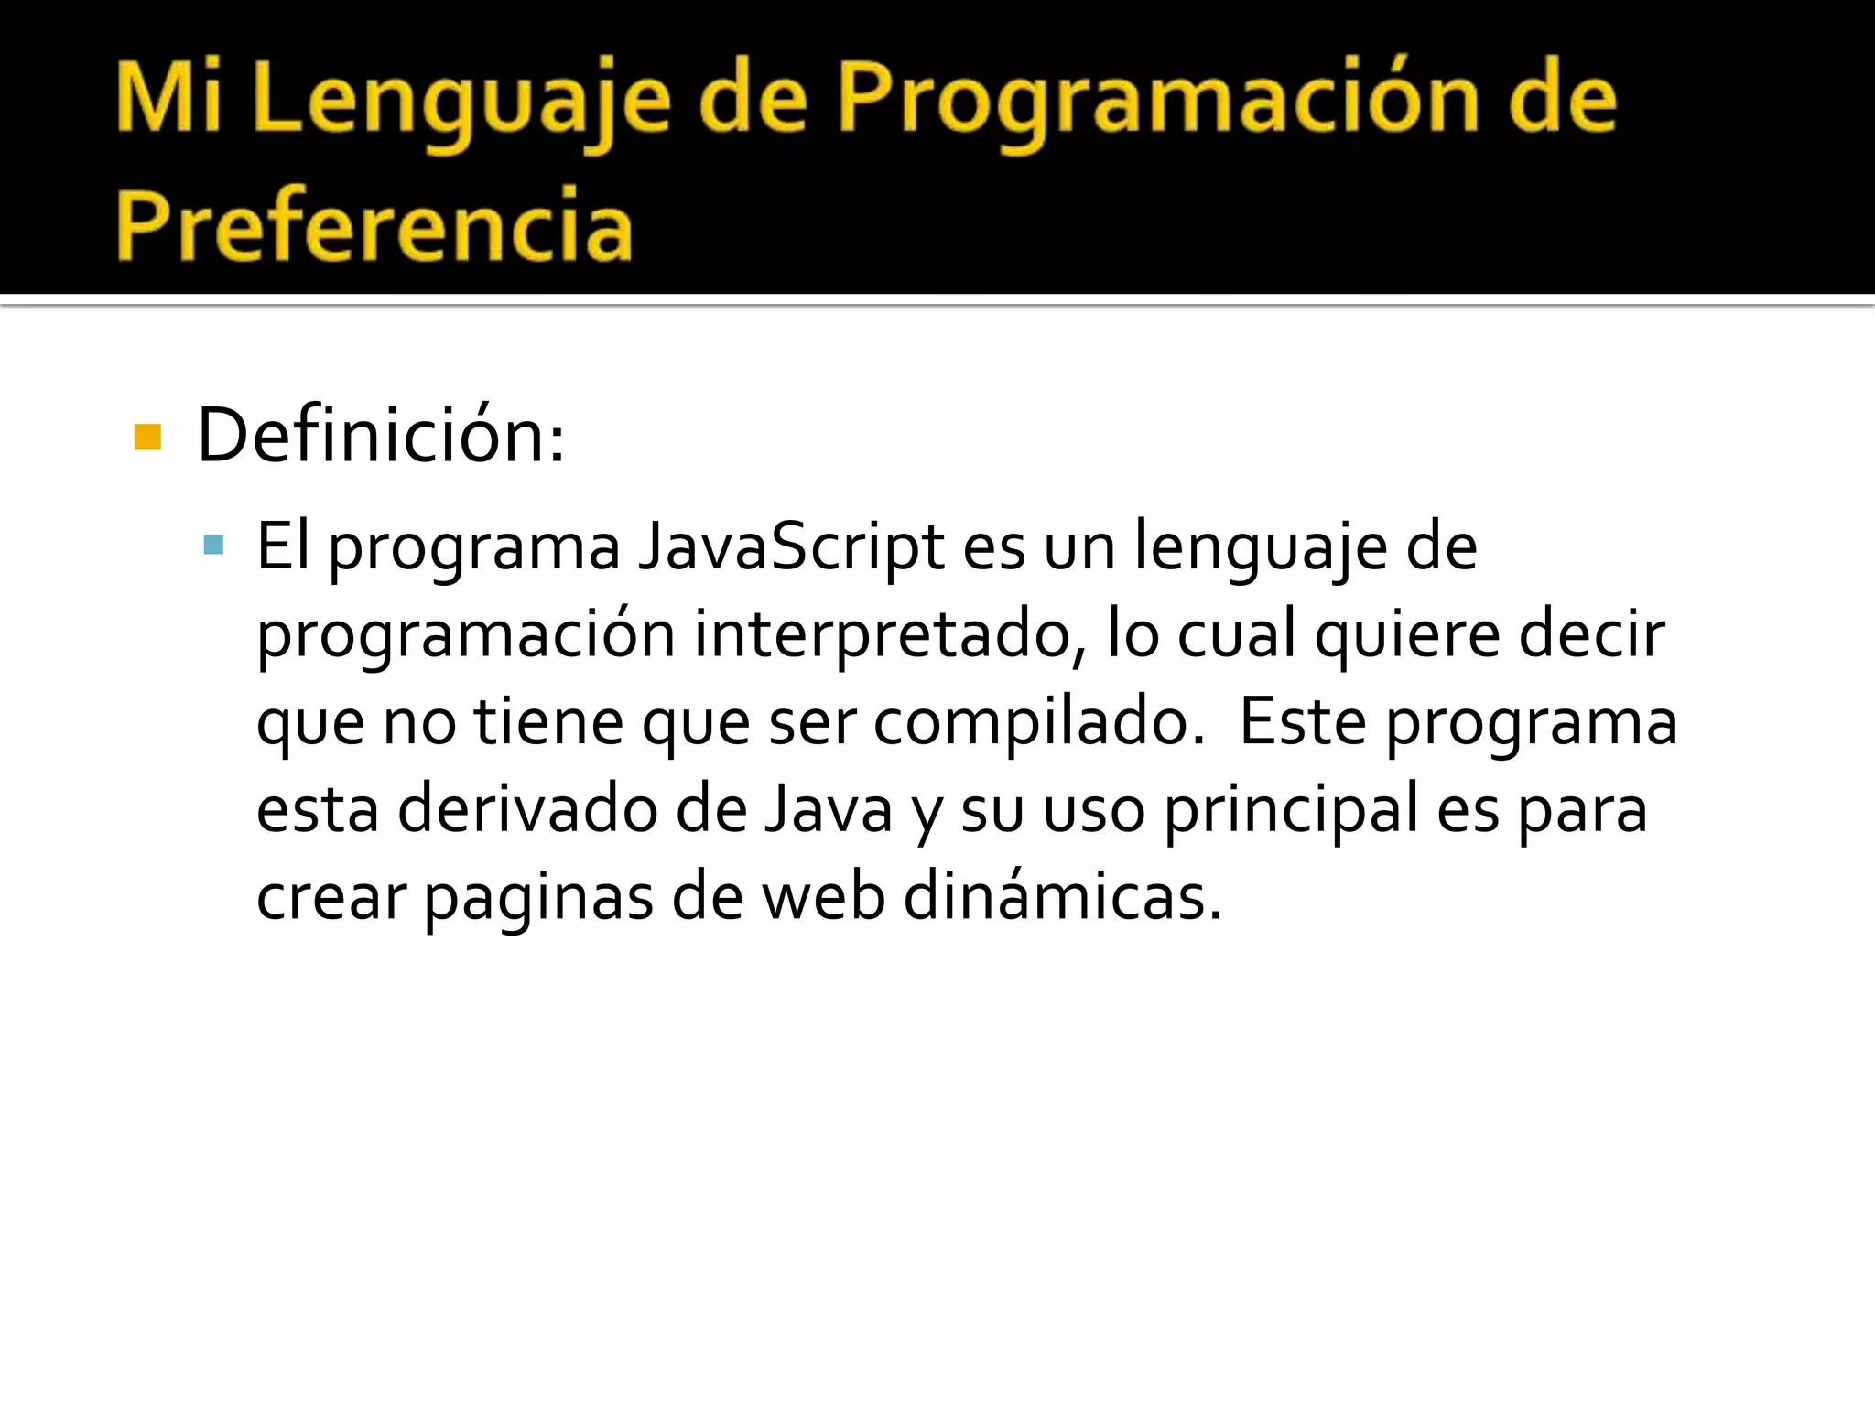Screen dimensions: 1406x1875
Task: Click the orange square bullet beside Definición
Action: click(x=147, y=438)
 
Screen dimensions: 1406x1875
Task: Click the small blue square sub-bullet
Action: click(x=213, y=546)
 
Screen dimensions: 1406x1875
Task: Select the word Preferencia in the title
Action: click(x=374, y=223)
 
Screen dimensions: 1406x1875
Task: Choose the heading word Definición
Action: click(x=380, y=436)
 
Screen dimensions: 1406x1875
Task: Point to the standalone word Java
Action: click(x=829, y=809)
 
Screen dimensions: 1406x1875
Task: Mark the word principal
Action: click(x=1290, y=809)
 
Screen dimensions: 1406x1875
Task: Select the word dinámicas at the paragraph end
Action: click(x=1062, y=897)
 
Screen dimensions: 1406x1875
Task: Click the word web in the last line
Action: click(x=823, y=897)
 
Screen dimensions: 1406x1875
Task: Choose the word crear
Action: click(x=331, y=897)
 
